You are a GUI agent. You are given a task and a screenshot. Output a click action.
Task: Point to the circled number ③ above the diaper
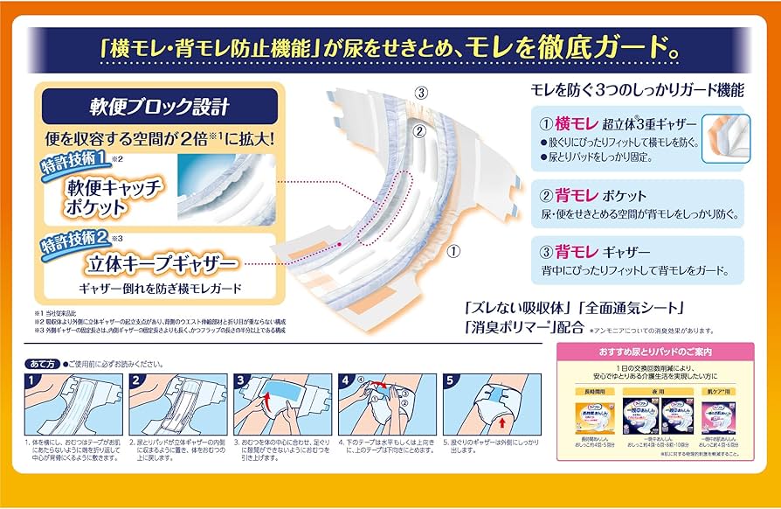click(422, 92)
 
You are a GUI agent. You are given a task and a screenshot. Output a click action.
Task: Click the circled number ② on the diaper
click(418, 132)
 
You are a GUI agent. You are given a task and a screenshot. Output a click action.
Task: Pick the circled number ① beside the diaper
click(453, 250)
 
